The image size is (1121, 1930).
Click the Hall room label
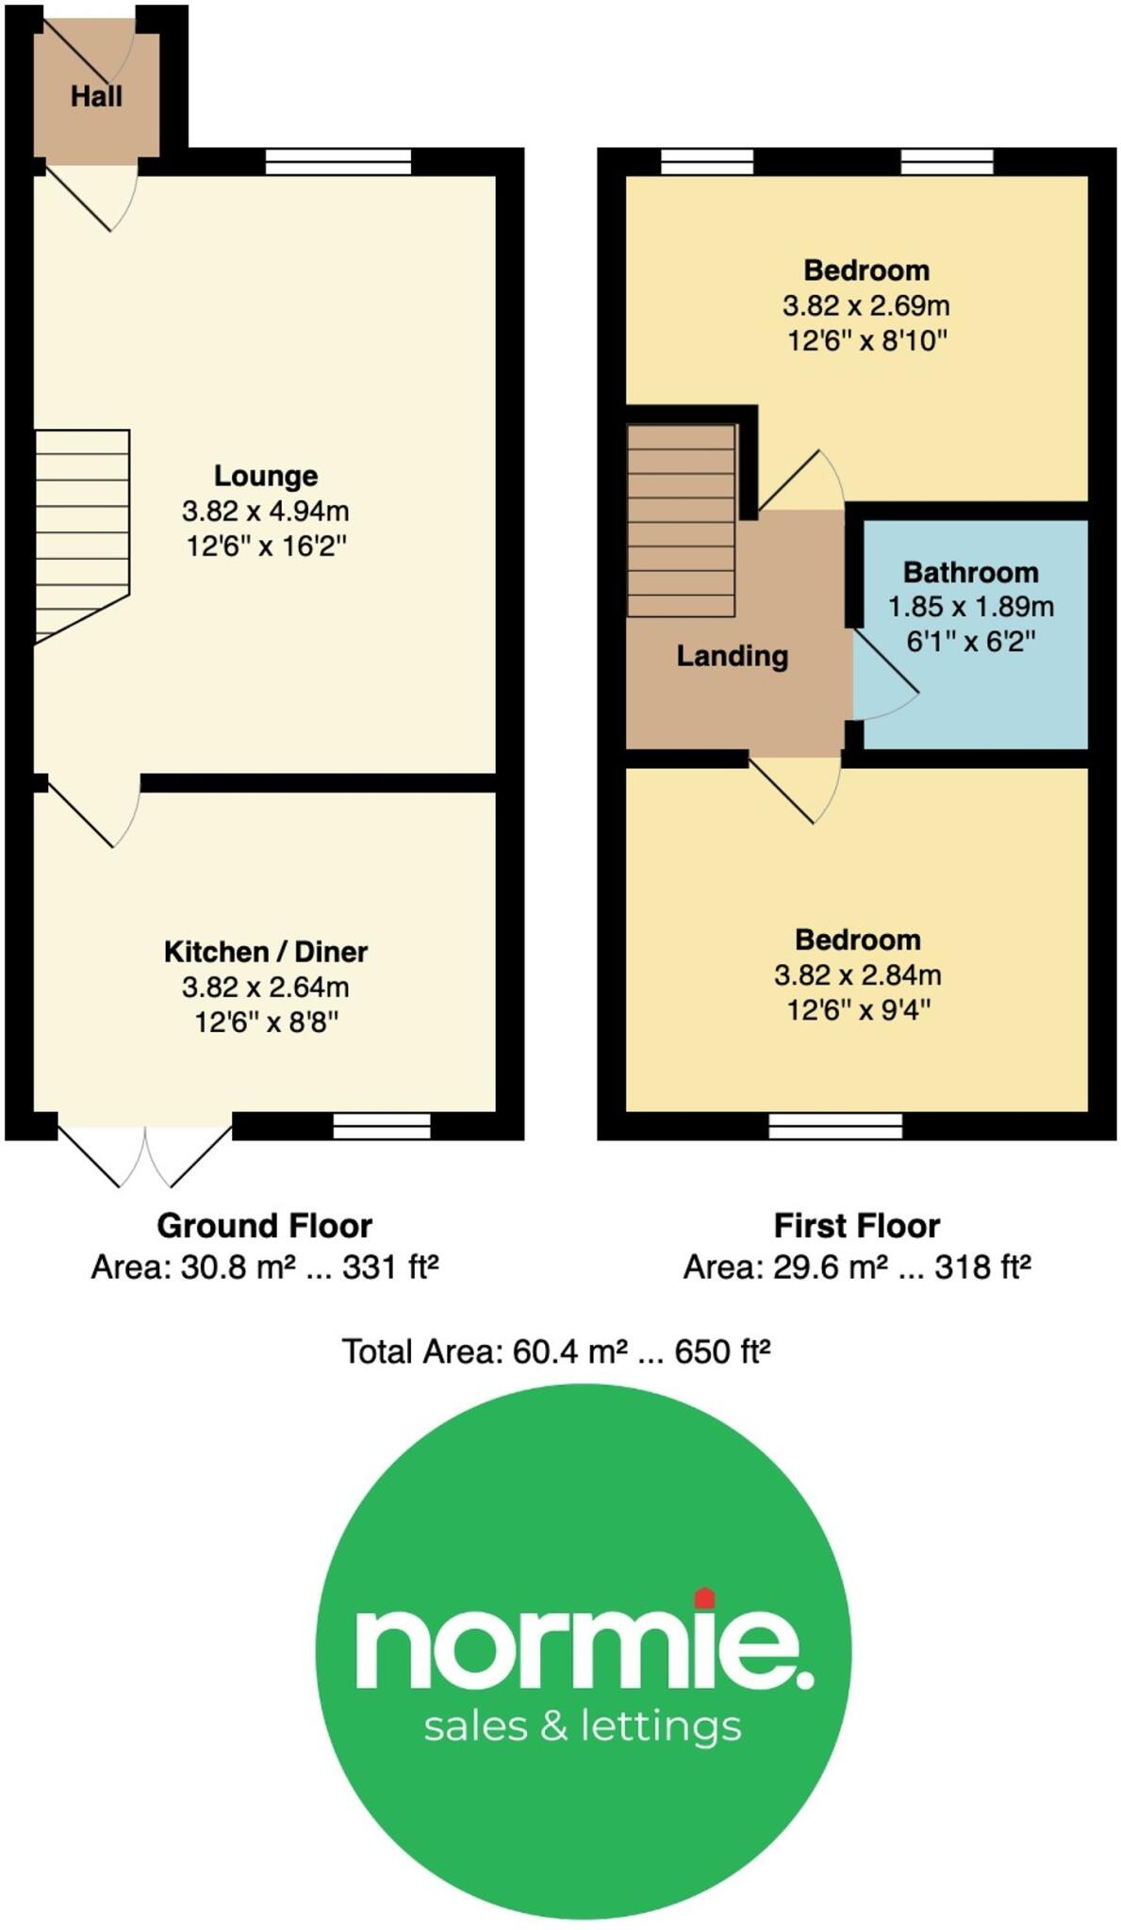point(96,96)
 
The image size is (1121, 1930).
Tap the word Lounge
point(266,476)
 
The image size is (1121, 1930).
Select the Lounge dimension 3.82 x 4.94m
point(266,512)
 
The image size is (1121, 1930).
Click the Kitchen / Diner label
point(266,952)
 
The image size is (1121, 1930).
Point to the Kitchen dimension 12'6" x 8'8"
point(266,1022)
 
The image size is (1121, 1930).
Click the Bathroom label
point(970,572)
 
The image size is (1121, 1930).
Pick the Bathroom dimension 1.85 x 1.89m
point(970,607)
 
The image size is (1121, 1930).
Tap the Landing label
point(732,656)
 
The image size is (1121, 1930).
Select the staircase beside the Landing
point(681,521)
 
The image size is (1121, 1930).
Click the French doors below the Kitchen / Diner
point(145,1155)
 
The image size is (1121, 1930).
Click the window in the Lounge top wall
point(338,162)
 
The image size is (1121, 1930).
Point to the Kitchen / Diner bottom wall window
point(382,1126)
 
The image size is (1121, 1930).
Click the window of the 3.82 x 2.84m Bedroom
point(835,1126)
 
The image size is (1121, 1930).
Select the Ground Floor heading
point(265,1226)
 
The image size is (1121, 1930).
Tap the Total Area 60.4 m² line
point(556,1352)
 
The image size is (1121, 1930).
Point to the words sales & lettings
point(583,1726)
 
